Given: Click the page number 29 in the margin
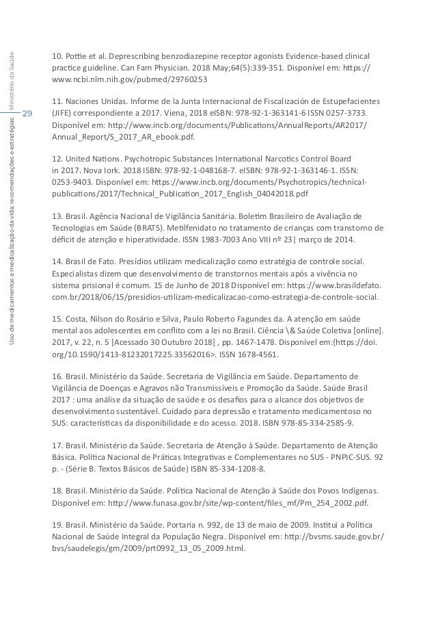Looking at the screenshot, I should pyautogui.click(x=28, y=112).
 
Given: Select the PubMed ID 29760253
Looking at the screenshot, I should pyautogui.click(x=151, y=81).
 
